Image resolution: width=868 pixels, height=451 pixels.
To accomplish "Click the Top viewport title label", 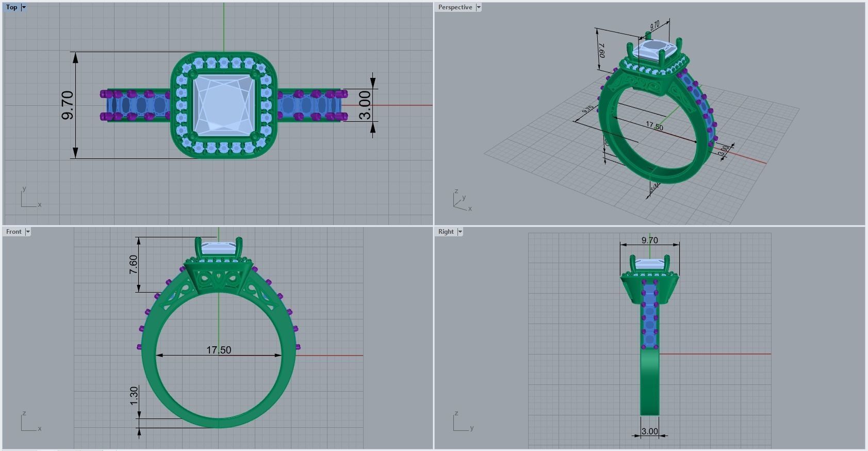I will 11,7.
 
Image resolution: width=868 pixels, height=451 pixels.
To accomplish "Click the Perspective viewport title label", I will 455,7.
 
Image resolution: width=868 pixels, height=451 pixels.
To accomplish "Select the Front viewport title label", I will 14,232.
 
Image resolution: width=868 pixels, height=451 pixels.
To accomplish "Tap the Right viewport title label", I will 446,232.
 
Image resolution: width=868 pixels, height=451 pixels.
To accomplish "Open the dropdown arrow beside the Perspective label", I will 479,7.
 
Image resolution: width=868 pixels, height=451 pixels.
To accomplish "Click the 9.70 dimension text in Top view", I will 68,105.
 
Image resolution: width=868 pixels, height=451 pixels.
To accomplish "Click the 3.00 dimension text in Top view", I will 365,105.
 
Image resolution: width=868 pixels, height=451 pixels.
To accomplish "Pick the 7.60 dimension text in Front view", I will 133,264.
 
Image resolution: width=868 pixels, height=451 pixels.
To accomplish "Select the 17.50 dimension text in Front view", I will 219,350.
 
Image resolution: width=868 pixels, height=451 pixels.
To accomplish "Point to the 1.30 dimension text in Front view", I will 134,395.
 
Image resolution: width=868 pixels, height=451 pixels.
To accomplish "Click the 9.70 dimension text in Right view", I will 649,240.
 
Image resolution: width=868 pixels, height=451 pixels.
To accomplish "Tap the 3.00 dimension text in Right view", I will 649,431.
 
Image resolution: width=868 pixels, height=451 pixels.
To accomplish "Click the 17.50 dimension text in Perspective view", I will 654,126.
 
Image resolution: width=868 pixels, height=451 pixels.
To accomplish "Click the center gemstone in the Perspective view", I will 654,52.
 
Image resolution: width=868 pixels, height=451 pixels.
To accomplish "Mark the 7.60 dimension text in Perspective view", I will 602,51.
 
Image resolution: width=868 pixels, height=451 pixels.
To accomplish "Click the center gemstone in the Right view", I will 649,265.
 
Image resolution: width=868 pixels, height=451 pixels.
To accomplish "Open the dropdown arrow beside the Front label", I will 28,232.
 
